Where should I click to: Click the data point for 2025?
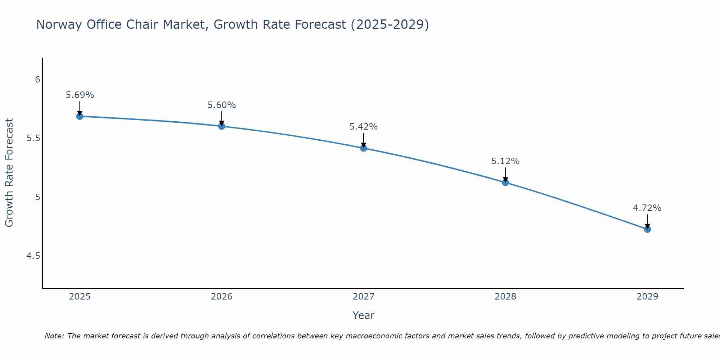[x=80, y=116]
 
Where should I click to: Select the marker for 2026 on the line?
[x=222, y=126]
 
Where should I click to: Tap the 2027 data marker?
[x=364, y=148]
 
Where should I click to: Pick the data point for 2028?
[x=505, y=183]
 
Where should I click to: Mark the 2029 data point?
[x=647, y=229]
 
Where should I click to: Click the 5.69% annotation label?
[x=80, y=95]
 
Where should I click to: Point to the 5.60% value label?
[x=222, y=105]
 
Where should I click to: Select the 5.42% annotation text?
[x=364, y=127]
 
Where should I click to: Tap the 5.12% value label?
[x=505, y=161]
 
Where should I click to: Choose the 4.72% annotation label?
[x=647, y=208]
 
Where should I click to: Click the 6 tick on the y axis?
[x=37, y=80]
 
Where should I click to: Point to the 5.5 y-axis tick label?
[x=33, y=138]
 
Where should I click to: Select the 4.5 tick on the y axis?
[x=33, y=256]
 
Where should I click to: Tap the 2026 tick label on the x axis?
[x=222, y=297]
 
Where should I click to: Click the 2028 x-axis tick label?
[x=505, y=297]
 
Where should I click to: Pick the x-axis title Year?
[x=364, y=315]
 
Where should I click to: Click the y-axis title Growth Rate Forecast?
[x=9, y=173]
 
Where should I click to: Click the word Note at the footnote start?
[x=54, y=336]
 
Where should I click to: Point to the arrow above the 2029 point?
[x=647, y=221]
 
